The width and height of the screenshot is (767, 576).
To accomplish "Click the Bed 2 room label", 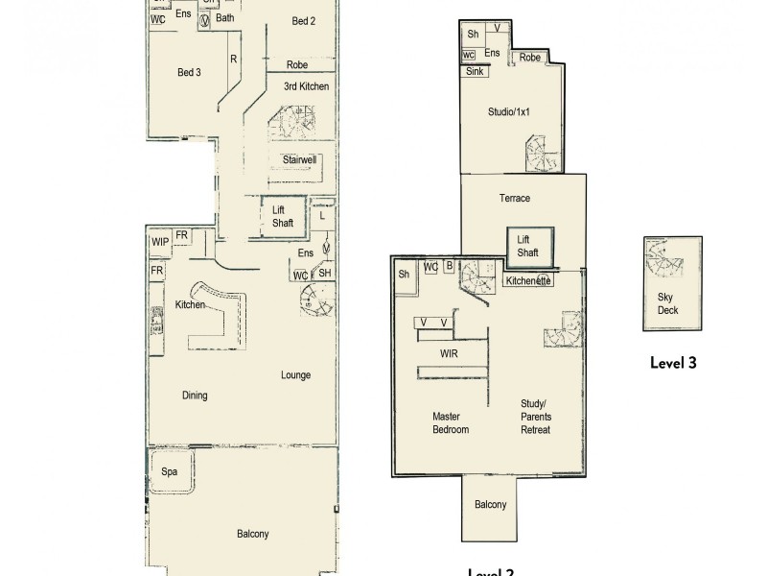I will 303,20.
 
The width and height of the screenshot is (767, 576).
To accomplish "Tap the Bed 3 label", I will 189,72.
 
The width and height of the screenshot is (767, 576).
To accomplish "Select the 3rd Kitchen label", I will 306,86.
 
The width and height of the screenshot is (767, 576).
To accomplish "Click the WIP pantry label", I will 159,242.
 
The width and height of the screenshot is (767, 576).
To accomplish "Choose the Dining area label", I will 195,395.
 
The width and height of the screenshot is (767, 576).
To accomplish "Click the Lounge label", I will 295,374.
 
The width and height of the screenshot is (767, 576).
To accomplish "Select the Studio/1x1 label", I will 508,111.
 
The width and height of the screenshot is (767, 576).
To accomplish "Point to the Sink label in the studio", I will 475,71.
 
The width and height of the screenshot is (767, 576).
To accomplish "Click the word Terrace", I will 514,198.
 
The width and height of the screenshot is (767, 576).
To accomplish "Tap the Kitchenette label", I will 528,281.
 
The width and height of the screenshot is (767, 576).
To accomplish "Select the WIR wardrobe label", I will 447,354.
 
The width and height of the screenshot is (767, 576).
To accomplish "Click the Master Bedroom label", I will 451,422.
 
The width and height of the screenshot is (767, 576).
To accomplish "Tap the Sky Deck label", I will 670,303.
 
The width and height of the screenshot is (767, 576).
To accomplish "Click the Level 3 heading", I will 672,363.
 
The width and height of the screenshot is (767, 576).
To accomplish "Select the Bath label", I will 224,17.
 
